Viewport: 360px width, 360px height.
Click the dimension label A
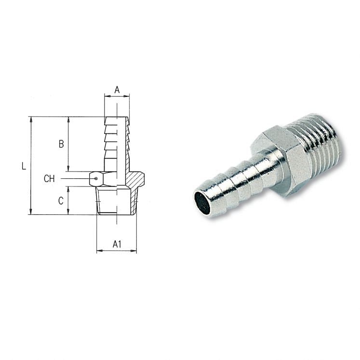click(117, 90)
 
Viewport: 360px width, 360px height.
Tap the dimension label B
click(61, 144)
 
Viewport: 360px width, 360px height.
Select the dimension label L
click(24, 166)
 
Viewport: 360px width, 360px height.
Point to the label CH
click(49, 179)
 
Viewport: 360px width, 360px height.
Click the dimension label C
click(61, 200)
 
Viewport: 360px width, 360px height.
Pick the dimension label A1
click(117, 244)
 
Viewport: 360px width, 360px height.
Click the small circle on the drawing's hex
click(96, 178)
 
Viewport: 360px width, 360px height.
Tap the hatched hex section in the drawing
click(135, 179)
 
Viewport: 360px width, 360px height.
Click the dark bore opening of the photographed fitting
click(202, 202)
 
